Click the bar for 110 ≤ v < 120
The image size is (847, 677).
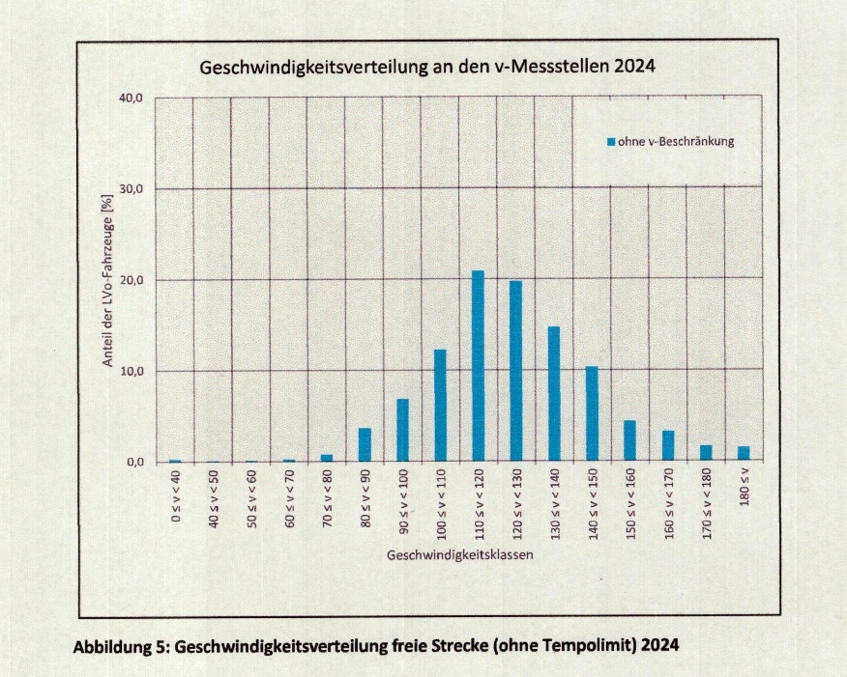(478, 367)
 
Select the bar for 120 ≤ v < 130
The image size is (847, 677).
(515, 372)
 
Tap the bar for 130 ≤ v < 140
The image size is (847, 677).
(554, 394)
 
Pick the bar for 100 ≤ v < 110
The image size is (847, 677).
(440, 406)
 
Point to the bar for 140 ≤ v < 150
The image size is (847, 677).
(592, 414)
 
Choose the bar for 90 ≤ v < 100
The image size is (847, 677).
(402, 431)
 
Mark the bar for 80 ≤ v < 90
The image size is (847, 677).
(365, 445)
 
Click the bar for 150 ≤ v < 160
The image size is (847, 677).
(629, 441)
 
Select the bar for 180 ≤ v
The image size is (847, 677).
(744, 454)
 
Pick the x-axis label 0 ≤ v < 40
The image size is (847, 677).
(175, 500)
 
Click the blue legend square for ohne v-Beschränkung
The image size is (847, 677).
(611, 142)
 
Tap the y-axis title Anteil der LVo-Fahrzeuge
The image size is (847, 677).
(109, 280)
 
